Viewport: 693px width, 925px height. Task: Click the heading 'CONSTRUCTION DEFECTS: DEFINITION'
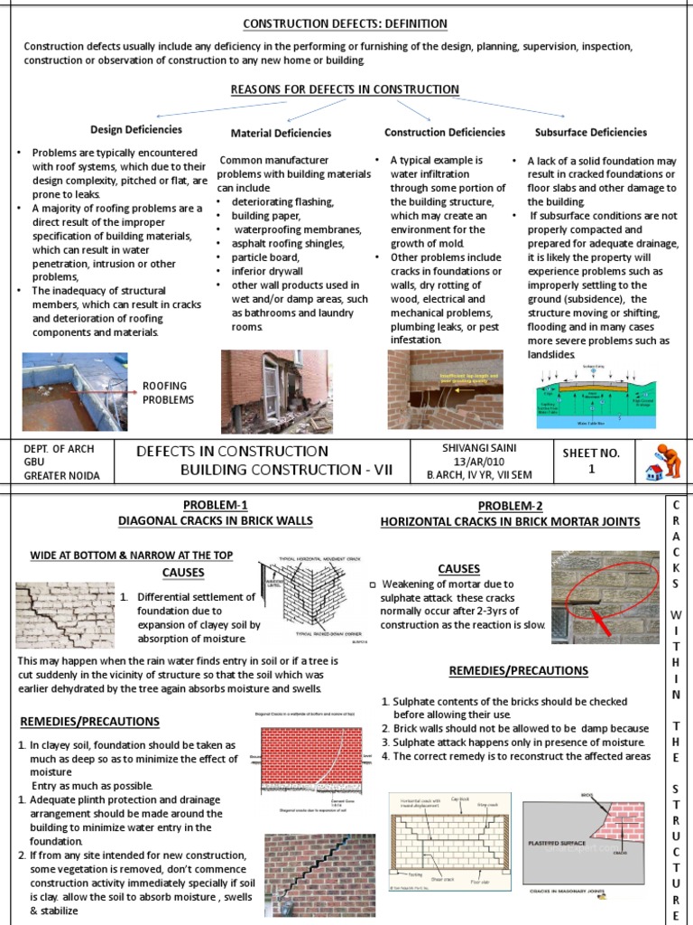pyautogui.click(x=346, y=23)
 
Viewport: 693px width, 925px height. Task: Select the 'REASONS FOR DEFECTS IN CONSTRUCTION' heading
pyautogui.click(x=346, y=89)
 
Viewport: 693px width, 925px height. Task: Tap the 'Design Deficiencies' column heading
pyautogui.click(x=135, y=129)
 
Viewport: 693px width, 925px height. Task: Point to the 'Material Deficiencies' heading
pyautogui.click(x=281, y=133)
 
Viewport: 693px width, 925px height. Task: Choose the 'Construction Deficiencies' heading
pyautogui.click(x=445, y=132)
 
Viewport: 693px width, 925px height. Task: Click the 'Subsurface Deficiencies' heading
pyautogui.click(x=590, y=132)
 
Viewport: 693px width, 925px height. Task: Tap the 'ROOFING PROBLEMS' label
pyautogui.click(x=168, y=393)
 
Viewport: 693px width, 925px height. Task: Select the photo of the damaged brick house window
pyautogui.click(x=275, y=390)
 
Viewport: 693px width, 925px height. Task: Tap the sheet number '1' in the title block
pyautogui.click(x=591, y=469)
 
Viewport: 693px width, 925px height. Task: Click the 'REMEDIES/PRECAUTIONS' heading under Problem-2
pyautogui.click(x=518, y=670)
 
